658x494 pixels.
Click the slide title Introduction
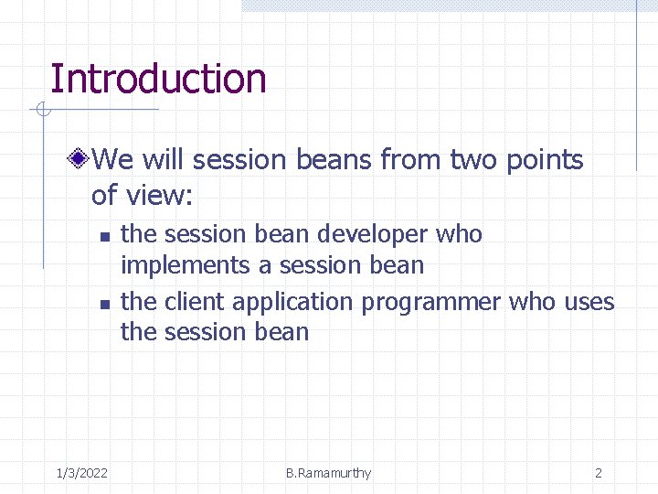tap(157, 79)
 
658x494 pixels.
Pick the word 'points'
tap(547, 161)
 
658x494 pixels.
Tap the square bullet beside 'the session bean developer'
tap(104, 236)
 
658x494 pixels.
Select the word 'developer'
tap(373, 234)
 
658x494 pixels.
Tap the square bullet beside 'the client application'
tap(104, 304)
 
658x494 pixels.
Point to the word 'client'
tap(196, 302)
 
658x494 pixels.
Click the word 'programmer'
tap(431, 302)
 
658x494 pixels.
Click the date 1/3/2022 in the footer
tap(81, 473)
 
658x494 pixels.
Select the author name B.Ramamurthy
tap(328, 473)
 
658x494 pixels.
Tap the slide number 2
tap(599, 473)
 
